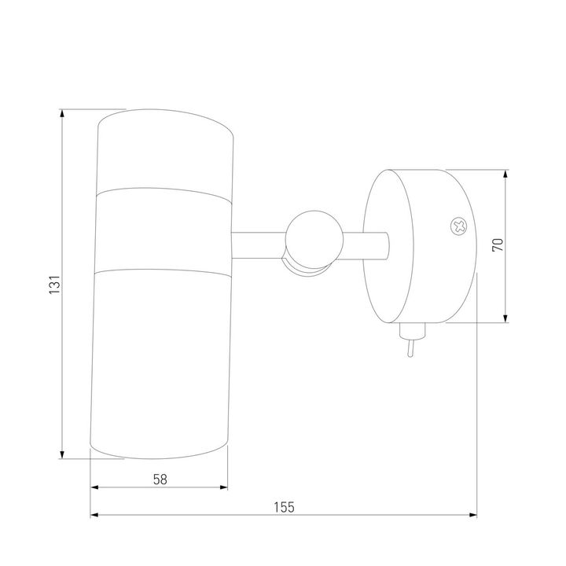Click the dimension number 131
[x=54, y=285]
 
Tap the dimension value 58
[x=160, y=480]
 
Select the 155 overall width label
[x=284, y=507]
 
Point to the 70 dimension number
[x=498, y=245]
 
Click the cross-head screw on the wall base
[x=459, y=227]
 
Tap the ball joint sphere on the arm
[x=314, y=239]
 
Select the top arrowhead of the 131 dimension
[x=62, y=113]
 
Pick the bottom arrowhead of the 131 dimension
[x=62, y=455]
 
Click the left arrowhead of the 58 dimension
[x=94, y=487]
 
